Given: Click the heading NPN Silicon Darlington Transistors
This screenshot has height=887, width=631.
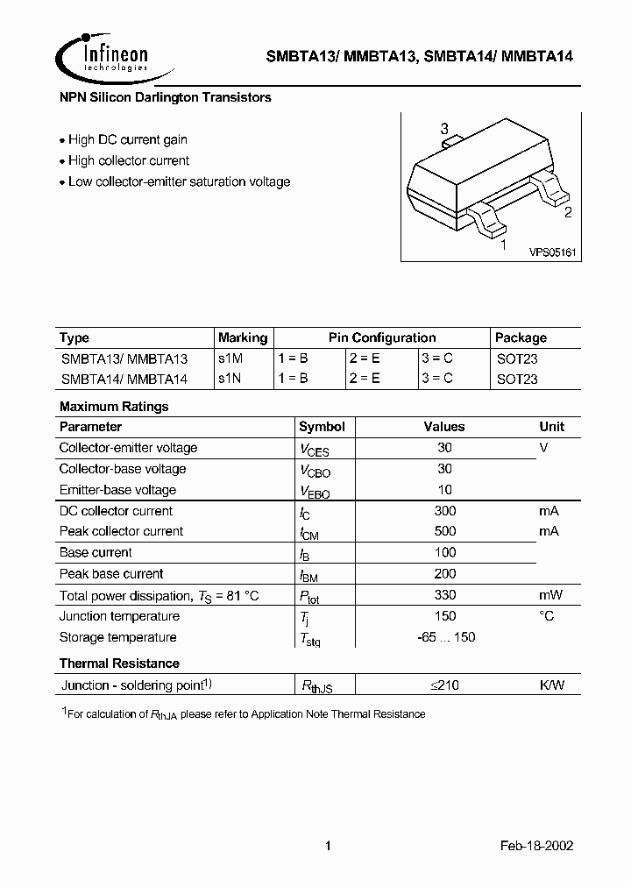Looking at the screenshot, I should (x=165, y=98).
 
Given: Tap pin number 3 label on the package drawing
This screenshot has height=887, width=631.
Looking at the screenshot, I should (x=445, y=129).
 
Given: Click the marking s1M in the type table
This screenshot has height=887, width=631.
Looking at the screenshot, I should (x=230, y=358).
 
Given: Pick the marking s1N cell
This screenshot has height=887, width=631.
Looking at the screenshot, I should (x=230, y=380).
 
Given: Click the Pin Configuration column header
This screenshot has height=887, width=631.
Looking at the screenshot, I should (x=381, y=337).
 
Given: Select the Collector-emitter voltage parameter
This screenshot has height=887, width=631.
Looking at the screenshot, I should (x=128, y=448).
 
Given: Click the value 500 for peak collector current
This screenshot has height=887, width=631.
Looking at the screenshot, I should (x=444, y=531).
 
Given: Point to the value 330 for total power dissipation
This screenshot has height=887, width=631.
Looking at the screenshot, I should (x=444, y=595).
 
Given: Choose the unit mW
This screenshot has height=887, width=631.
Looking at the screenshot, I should (x=550, y=595).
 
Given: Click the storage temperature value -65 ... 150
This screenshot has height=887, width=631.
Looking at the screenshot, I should (x=446, y=637).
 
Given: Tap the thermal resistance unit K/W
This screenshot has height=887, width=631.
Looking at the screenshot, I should (x=552, y=685).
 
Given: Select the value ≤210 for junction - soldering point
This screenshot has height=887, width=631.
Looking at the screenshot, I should (x=444, y=685).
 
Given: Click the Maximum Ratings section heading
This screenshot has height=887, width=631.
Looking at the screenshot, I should (x=114, y=407).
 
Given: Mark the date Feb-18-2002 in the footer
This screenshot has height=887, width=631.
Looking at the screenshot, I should (x=537, y=847).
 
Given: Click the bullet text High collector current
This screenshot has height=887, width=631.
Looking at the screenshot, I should (x=128, y=160).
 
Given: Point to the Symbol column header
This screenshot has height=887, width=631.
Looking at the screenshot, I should (x=322, y=427).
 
